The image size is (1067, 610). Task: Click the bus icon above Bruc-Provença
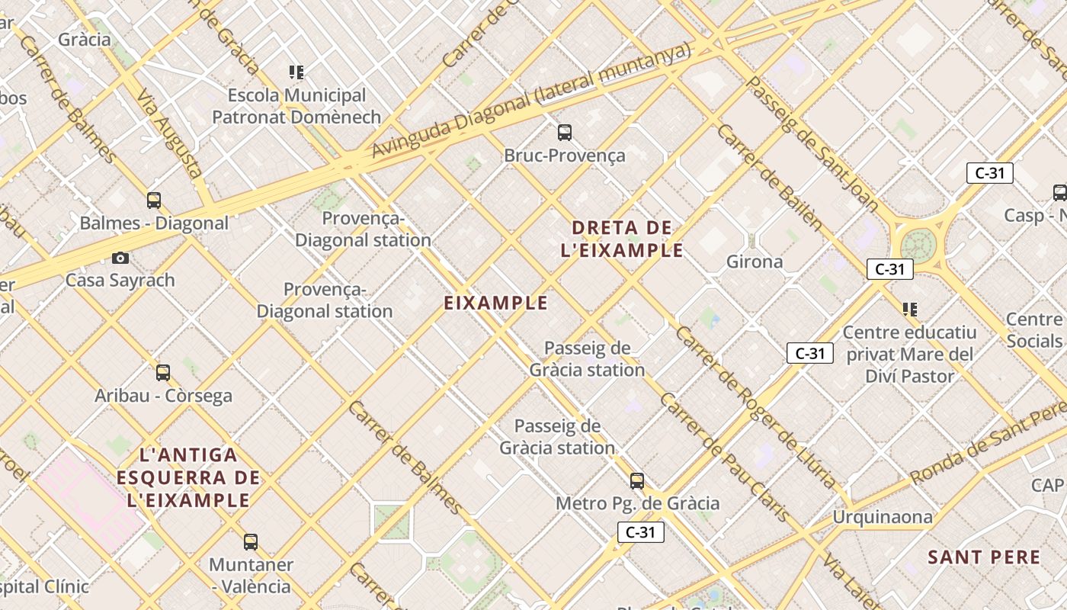click(565, 133)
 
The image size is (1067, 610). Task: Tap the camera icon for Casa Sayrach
click(120, 258)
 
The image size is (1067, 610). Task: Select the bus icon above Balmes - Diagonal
click(154, 201)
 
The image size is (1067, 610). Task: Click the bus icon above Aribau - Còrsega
click(163, 373)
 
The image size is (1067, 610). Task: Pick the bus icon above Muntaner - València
click(251, 542)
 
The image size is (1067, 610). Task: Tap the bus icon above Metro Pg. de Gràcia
click(637, 481)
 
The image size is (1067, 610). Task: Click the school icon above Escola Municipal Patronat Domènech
click(296, 72)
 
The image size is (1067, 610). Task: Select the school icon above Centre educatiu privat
click(909, 309)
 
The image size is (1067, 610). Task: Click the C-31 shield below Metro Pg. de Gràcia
click(640, 532)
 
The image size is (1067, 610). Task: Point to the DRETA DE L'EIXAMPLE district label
click(622, 239)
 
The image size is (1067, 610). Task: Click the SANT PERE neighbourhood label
click(984, 557)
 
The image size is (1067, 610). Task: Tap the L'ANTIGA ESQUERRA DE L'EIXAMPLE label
click(188, 477)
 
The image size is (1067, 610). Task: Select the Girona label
click(755, 262)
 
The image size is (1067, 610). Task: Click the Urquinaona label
click(882, 517)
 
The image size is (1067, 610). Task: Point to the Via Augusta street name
click(170, 133)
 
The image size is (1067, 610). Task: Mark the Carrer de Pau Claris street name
click(724, 457)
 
